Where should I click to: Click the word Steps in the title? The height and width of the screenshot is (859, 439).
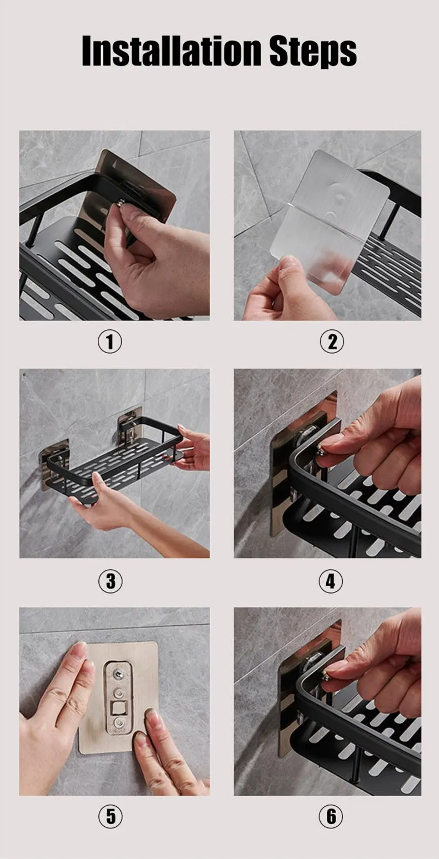(x=313, y=52)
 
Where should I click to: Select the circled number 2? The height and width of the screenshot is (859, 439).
(x=332, y=341)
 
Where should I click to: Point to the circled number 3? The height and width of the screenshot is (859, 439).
(x=111, y=581)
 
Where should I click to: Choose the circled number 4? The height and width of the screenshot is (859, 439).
(x=331, y=581)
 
